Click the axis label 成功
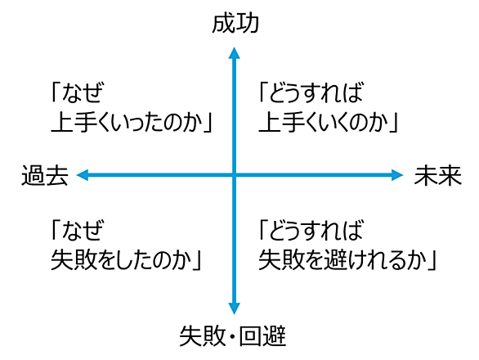[235, 23]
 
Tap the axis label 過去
[45, 176]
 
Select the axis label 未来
[438, 176]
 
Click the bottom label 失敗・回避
[233, 336]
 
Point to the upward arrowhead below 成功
[234, 53]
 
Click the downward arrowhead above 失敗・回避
[234, 308]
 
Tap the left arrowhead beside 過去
[83, 175]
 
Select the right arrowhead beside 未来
[397, 175]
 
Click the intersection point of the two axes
[234, 175]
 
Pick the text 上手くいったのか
[128, 123]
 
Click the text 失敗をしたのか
[122, 260]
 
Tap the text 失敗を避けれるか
[342, 260]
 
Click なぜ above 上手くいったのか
[83, 92]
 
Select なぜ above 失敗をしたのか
[83, 229]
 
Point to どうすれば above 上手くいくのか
[316, 92]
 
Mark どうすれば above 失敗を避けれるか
[316, 229]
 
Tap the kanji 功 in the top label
[248, 23]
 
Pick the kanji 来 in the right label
[450, 176]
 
